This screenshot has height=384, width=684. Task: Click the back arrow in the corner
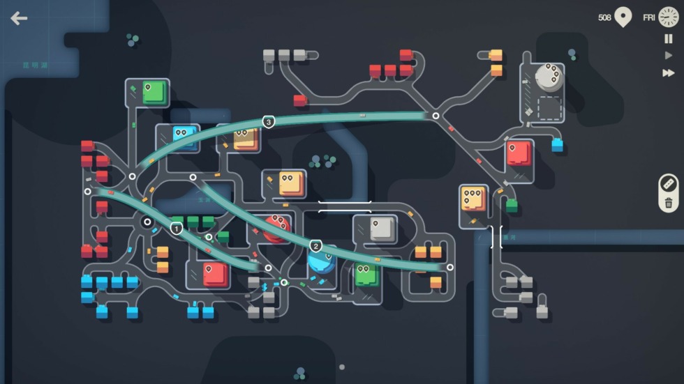[19, 18]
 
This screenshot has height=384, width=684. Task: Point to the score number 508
[604, 17]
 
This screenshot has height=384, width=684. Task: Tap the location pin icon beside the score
[623, 17]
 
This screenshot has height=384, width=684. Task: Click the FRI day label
[649, 17]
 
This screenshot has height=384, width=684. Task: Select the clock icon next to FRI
[669, 17]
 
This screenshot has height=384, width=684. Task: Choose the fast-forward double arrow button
[669, 72]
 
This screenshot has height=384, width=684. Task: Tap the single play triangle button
[669, 56]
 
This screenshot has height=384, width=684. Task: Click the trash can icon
[669, 203]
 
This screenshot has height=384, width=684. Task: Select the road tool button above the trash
[669, 184]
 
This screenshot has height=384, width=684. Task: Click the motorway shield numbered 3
[269, 122]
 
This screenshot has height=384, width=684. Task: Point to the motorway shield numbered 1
[177, 228]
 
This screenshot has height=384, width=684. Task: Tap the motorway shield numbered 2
[315, 246]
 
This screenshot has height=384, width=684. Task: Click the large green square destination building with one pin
[154, 92]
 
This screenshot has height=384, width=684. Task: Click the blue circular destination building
[322, 260]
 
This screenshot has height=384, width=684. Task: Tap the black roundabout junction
[147, 222]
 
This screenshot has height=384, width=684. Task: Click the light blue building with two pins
[185, 137]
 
